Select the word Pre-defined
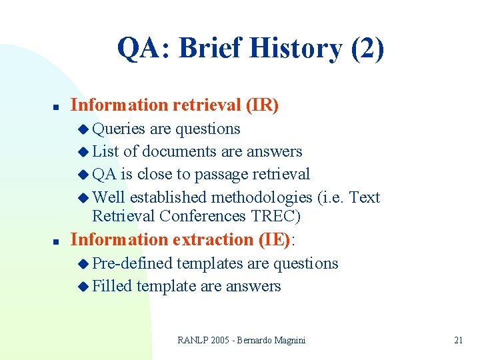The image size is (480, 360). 132,263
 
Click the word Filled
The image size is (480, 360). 112,286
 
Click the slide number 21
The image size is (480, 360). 458,340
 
